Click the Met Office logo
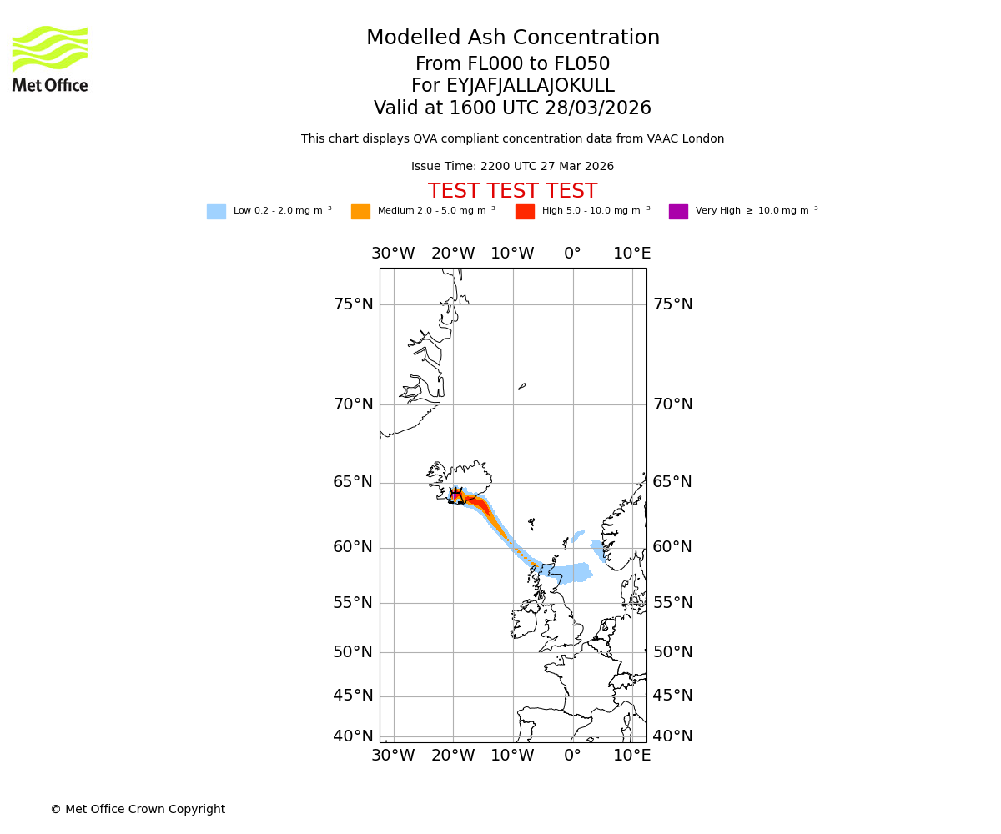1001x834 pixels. pos(50,58)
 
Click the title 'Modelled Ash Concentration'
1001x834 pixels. pos(512,38)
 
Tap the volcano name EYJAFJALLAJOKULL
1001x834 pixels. pos(512,86)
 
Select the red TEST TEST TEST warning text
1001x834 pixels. pos(512,191)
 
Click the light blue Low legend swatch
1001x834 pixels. pos(216,212)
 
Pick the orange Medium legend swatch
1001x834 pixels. pos(360,212)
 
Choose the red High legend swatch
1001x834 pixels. pos(525,212)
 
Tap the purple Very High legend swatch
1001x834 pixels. pos(678,212)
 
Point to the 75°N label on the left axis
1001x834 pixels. pos(353,304)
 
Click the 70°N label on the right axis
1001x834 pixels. pos(672,404)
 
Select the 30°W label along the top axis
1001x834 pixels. pos(393,254)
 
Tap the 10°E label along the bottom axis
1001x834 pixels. pos(632,756)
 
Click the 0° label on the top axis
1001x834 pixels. pos(572,254)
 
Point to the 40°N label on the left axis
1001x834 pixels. pos(353,736)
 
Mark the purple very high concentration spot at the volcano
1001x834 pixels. pos(455,495)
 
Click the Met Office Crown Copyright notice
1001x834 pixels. pos(138,809)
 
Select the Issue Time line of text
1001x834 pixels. pos(512,167)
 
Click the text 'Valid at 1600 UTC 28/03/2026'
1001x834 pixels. pos(512,108)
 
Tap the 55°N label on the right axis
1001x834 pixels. pos(672,603)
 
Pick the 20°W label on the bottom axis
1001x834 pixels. pos(453,756)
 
